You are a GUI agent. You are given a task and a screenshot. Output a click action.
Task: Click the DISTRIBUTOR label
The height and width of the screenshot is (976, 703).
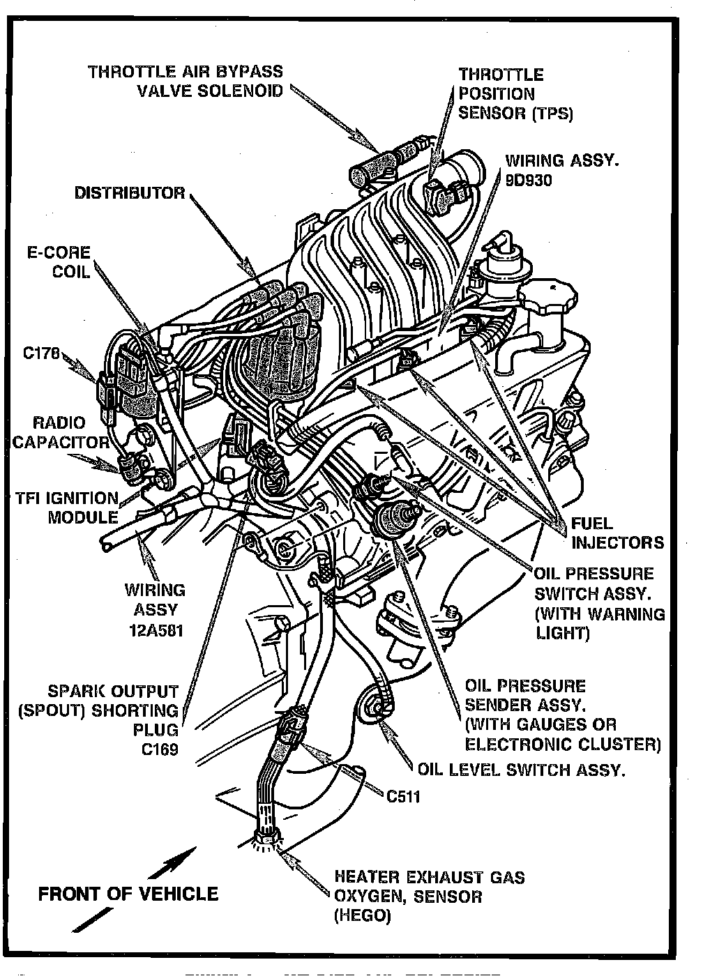click(130, 193)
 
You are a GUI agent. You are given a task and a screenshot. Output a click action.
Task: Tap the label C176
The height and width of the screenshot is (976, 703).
click(43, 353)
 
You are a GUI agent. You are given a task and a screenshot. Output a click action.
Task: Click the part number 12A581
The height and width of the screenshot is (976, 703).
click(155, 630)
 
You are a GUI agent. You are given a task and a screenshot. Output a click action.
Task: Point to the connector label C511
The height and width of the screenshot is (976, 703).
click(403, 795)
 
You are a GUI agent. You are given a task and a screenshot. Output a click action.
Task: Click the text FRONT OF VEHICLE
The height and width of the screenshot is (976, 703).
click(128, 894)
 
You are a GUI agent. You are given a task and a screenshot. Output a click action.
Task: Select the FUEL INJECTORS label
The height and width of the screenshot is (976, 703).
click(617, 533)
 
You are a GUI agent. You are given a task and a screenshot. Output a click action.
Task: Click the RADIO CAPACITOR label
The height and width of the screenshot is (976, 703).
click(61, 432)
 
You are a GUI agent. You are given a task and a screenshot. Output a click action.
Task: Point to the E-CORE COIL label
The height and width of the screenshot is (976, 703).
click(59, 261)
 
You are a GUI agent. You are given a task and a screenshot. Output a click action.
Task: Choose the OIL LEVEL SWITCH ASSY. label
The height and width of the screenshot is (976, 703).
click(521, 770)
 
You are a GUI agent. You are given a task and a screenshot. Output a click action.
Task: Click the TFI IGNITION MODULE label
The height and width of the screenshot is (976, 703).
click(67, 508)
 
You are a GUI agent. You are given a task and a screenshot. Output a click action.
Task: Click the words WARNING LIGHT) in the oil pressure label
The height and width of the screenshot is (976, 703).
click(600, 623)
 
